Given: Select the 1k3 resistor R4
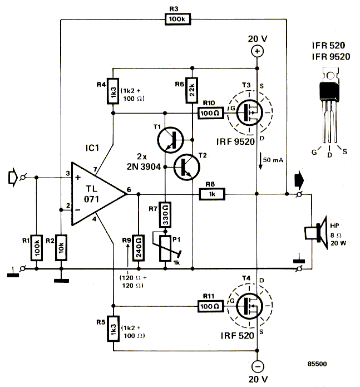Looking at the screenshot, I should (113, 91).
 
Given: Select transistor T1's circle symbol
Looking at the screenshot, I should (169, 139).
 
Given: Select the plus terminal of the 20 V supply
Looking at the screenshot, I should (257, 51).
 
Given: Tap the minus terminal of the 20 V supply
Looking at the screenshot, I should (257, 366).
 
